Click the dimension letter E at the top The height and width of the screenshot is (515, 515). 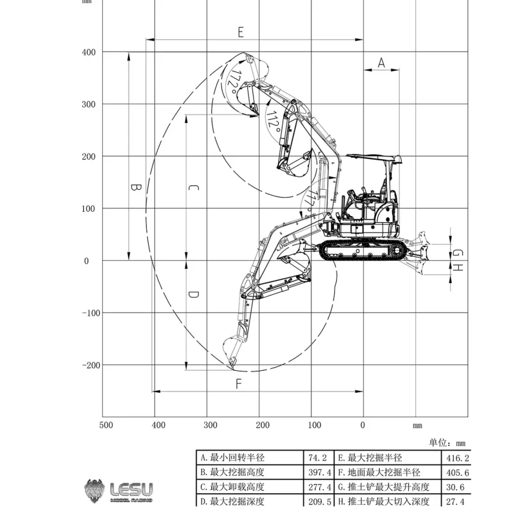point(241,32)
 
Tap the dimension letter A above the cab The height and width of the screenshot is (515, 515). point(381,62)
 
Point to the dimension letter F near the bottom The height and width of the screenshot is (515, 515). point(239,384)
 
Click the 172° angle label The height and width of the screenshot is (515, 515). point(234,81)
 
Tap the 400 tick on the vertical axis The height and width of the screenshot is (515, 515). point(89,52)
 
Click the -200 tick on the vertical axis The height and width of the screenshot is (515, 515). point(91,365)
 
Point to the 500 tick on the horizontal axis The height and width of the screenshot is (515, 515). point(106,425)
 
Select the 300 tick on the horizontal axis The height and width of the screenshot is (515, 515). point(211,425)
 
